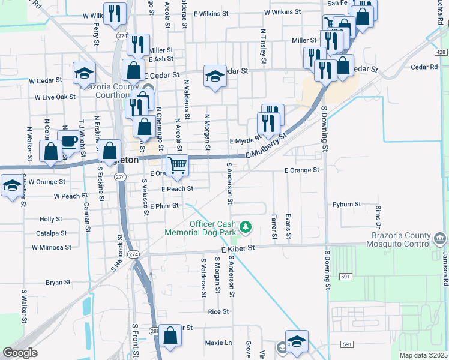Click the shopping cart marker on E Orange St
(x=177, y=166)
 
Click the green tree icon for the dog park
(x=245, y=227)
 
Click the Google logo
(x=20, y=353)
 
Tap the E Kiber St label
(x=238, y=248)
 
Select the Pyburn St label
(x=346, y=205)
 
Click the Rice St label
(x=218, y=311)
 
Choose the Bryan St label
(x=58, y=282)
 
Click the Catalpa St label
(x=51, y=233)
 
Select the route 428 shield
(x=441, y=53)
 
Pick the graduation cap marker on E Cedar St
(x=215, y=76)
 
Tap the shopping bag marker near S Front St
(x=170, y=336)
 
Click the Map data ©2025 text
(x=423, y=355)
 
